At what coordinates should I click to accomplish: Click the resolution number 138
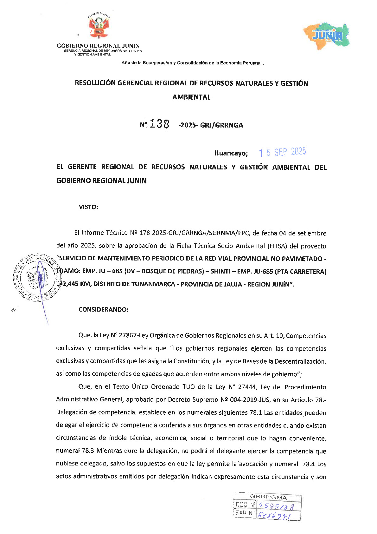159,124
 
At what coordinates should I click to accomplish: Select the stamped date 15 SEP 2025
282,152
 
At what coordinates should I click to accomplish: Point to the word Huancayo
231,153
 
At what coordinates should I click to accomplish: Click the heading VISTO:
88,207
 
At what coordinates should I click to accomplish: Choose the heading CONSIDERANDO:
103,310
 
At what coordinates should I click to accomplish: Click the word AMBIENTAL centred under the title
191,97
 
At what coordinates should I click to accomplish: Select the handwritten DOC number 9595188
276,506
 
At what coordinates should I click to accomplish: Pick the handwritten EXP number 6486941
274,515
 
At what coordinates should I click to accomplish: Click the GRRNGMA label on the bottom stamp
268,497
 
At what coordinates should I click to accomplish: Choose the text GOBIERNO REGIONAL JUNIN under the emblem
98,46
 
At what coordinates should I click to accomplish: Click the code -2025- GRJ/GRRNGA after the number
211,125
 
